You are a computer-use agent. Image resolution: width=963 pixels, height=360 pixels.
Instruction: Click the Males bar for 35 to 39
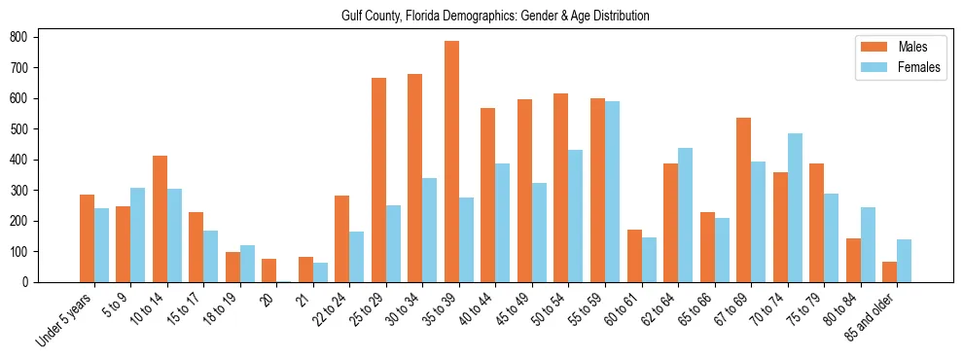(451, 162)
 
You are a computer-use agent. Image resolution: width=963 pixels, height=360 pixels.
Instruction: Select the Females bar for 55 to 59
(612, 192)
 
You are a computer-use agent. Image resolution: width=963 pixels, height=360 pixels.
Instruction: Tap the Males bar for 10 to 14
(160, 219)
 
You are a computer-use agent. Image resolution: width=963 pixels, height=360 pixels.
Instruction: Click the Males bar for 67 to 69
(743, 199)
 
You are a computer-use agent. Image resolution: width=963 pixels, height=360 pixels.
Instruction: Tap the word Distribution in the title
(615, 17)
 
